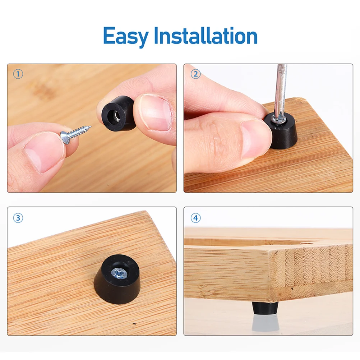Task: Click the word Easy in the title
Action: (x=126, y=36)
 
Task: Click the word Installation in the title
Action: (x=206, y=36)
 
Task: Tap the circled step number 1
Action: (x=18, y=74)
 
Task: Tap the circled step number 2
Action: (x=195, y=74)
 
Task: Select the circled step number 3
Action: (x=18, y=218)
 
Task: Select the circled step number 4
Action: (x=195, y=218)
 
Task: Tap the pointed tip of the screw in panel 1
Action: (x=90, y=126)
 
